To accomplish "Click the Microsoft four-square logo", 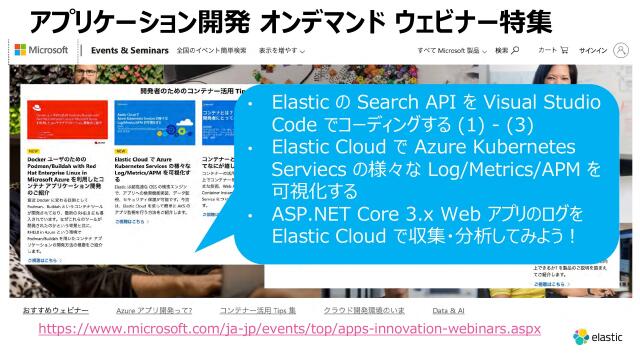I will pos(20,49).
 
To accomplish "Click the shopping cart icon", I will pos(565,49).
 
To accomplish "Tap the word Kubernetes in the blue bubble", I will pos(520,148).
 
